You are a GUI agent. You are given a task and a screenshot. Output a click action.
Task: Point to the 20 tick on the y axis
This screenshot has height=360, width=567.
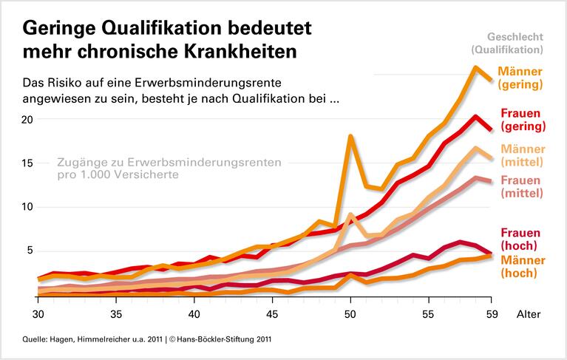pyautogui.click(x=29, y=120)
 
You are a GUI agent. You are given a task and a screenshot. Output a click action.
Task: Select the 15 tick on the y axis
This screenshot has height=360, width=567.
pyautogui.click(x=29, y=163)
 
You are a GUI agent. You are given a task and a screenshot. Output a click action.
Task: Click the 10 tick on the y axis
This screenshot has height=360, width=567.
pyautogui.click(x=29, y=207)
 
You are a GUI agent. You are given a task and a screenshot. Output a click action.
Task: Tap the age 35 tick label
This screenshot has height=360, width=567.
pyautogui.click(x=115, y=313)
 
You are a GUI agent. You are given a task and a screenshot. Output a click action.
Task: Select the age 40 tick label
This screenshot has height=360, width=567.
pyautogui.click(x=194, y=313)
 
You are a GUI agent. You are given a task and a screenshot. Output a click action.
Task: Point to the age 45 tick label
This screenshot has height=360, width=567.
pyautogui.click(x=272, y=313)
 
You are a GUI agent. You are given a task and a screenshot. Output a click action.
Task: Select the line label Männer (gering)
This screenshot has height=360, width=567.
pyautogui.click(x=520, y=78)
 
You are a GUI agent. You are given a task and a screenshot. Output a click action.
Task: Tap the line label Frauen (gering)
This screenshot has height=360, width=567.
pyautogui.click(x=520, y=120)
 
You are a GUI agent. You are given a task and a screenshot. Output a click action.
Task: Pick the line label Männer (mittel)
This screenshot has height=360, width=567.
pyautogui.click(x=520, y=154)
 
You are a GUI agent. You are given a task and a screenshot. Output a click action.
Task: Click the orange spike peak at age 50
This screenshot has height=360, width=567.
pyautogui.click(x=350, y=136)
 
